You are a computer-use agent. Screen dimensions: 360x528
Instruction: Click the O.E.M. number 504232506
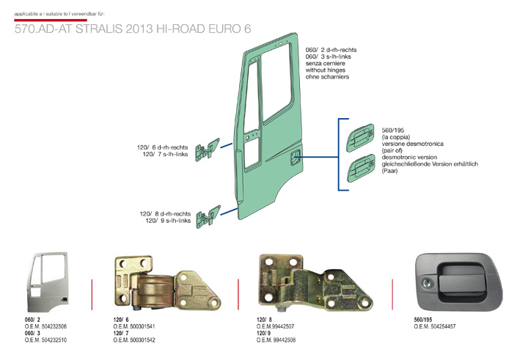[x=45, y=326]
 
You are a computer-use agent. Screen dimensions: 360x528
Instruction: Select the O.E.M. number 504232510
[x=45, y=340]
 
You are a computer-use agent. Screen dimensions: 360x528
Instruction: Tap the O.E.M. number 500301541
[x=133, y=326]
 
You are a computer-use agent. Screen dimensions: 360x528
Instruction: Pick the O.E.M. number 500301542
[x=133, y=340]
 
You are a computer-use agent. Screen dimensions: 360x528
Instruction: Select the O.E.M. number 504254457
[x=436, y=326]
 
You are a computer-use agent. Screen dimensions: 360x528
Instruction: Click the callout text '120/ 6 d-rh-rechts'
[x=166, y=147]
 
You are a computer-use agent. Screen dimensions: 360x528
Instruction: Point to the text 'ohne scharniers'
[x=326, y=76]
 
